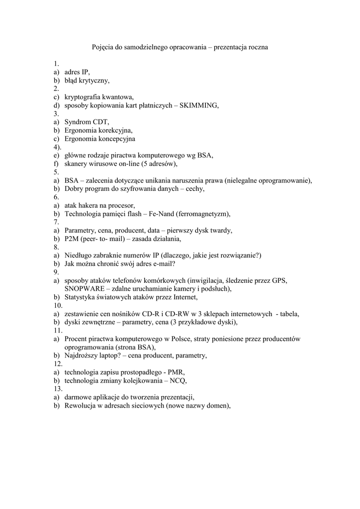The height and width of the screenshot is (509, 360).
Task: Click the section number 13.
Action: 57,389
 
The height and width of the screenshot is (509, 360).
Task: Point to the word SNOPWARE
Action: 84,289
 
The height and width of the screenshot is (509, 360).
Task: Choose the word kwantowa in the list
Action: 115,97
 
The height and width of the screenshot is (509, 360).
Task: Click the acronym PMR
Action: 176,372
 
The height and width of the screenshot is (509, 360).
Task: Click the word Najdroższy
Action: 82,355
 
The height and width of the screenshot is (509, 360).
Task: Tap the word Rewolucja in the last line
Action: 81,406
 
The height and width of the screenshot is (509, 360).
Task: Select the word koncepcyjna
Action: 116,139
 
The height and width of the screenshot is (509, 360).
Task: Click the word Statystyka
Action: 82,297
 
